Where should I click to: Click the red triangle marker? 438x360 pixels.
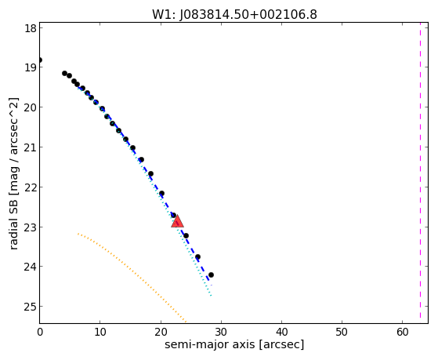tap(177, 221)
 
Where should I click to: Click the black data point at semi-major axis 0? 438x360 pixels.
tap(40, 60)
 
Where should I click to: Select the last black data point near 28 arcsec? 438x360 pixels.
tap(211, 275)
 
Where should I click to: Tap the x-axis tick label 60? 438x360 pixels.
tap(402, 333)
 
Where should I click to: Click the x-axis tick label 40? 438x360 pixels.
tap(281, 333)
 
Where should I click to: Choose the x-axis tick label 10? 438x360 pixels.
tap(100, 333)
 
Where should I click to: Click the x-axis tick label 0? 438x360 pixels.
tap(40, 333)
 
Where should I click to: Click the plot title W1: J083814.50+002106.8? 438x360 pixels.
tap(234, 15)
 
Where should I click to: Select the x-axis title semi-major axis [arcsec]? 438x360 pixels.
tap(234, 344)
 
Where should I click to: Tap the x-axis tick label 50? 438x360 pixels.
tap(342, 333)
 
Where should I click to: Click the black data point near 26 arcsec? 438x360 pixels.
tap(197, 256)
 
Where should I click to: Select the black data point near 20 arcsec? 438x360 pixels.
tap(161, 193)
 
